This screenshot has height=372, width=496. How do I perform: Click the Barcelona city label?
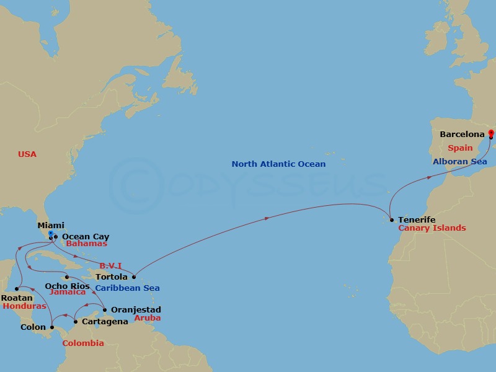point(462,134)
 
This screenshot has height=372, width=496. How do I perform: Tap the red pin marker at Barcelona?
point(491,133)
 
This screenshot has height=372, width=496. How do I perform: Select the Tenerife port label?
point(417,219)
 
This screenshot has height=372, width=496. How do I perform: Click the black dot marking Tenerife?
point(391,219)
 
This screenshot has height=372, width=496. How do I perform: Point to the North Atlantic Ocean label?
point(278,164)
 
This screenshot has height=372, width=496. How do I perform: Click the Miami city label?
point(51,226)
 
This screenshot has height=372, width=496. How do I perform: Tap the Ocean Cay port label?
point(86,236)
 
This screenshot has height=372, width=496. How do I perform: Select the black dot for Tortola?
point(134,277)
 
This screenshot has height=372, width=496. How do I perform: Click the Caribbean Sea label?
point(127,288)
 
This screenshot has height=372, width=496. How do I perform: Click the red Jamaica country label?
point(68,292)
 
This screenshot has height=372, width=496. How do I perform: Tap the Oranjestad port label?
point(136,309)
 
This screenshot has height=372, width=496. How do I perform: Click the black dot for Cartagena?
point(75,321)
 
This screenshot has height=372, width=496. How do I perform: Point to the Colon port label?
point(33,327)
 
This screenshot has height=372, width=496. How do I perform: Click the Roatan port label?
point(17,298)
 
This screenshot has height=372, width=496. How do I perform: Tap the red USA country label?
point(27,154)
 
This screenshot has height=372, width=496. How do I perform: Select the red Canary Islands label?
point(432,228)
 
